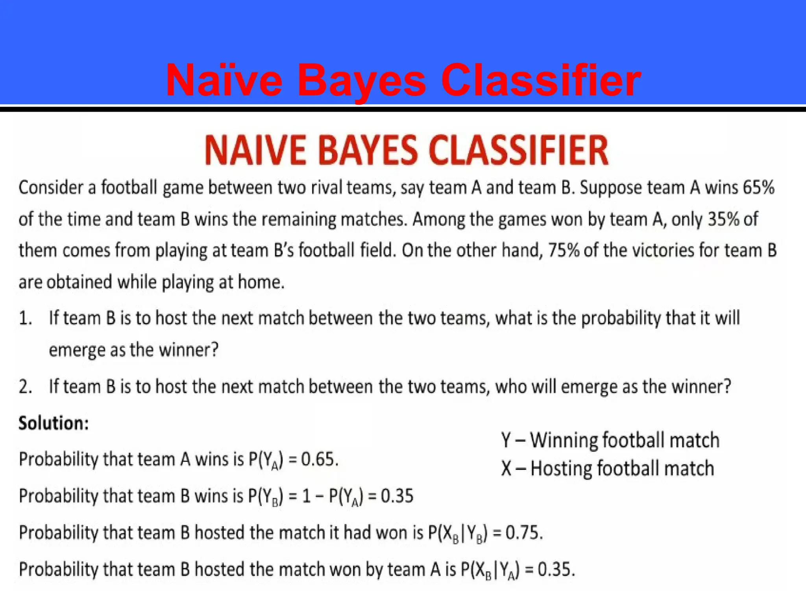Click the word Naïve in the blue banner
click(224, 81)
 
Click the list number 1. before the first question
click(26, 318)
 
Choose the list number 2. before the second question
click(26, 387)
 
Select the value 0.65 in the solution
click(319, 459)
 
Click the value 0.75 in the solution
click(523, 533)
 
